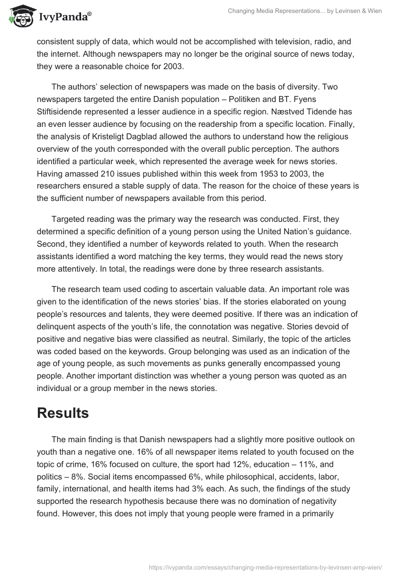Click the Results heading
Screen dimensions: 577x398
coord(63,413)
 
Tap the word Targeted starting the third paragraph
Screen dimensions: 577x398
coord(69,218)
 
